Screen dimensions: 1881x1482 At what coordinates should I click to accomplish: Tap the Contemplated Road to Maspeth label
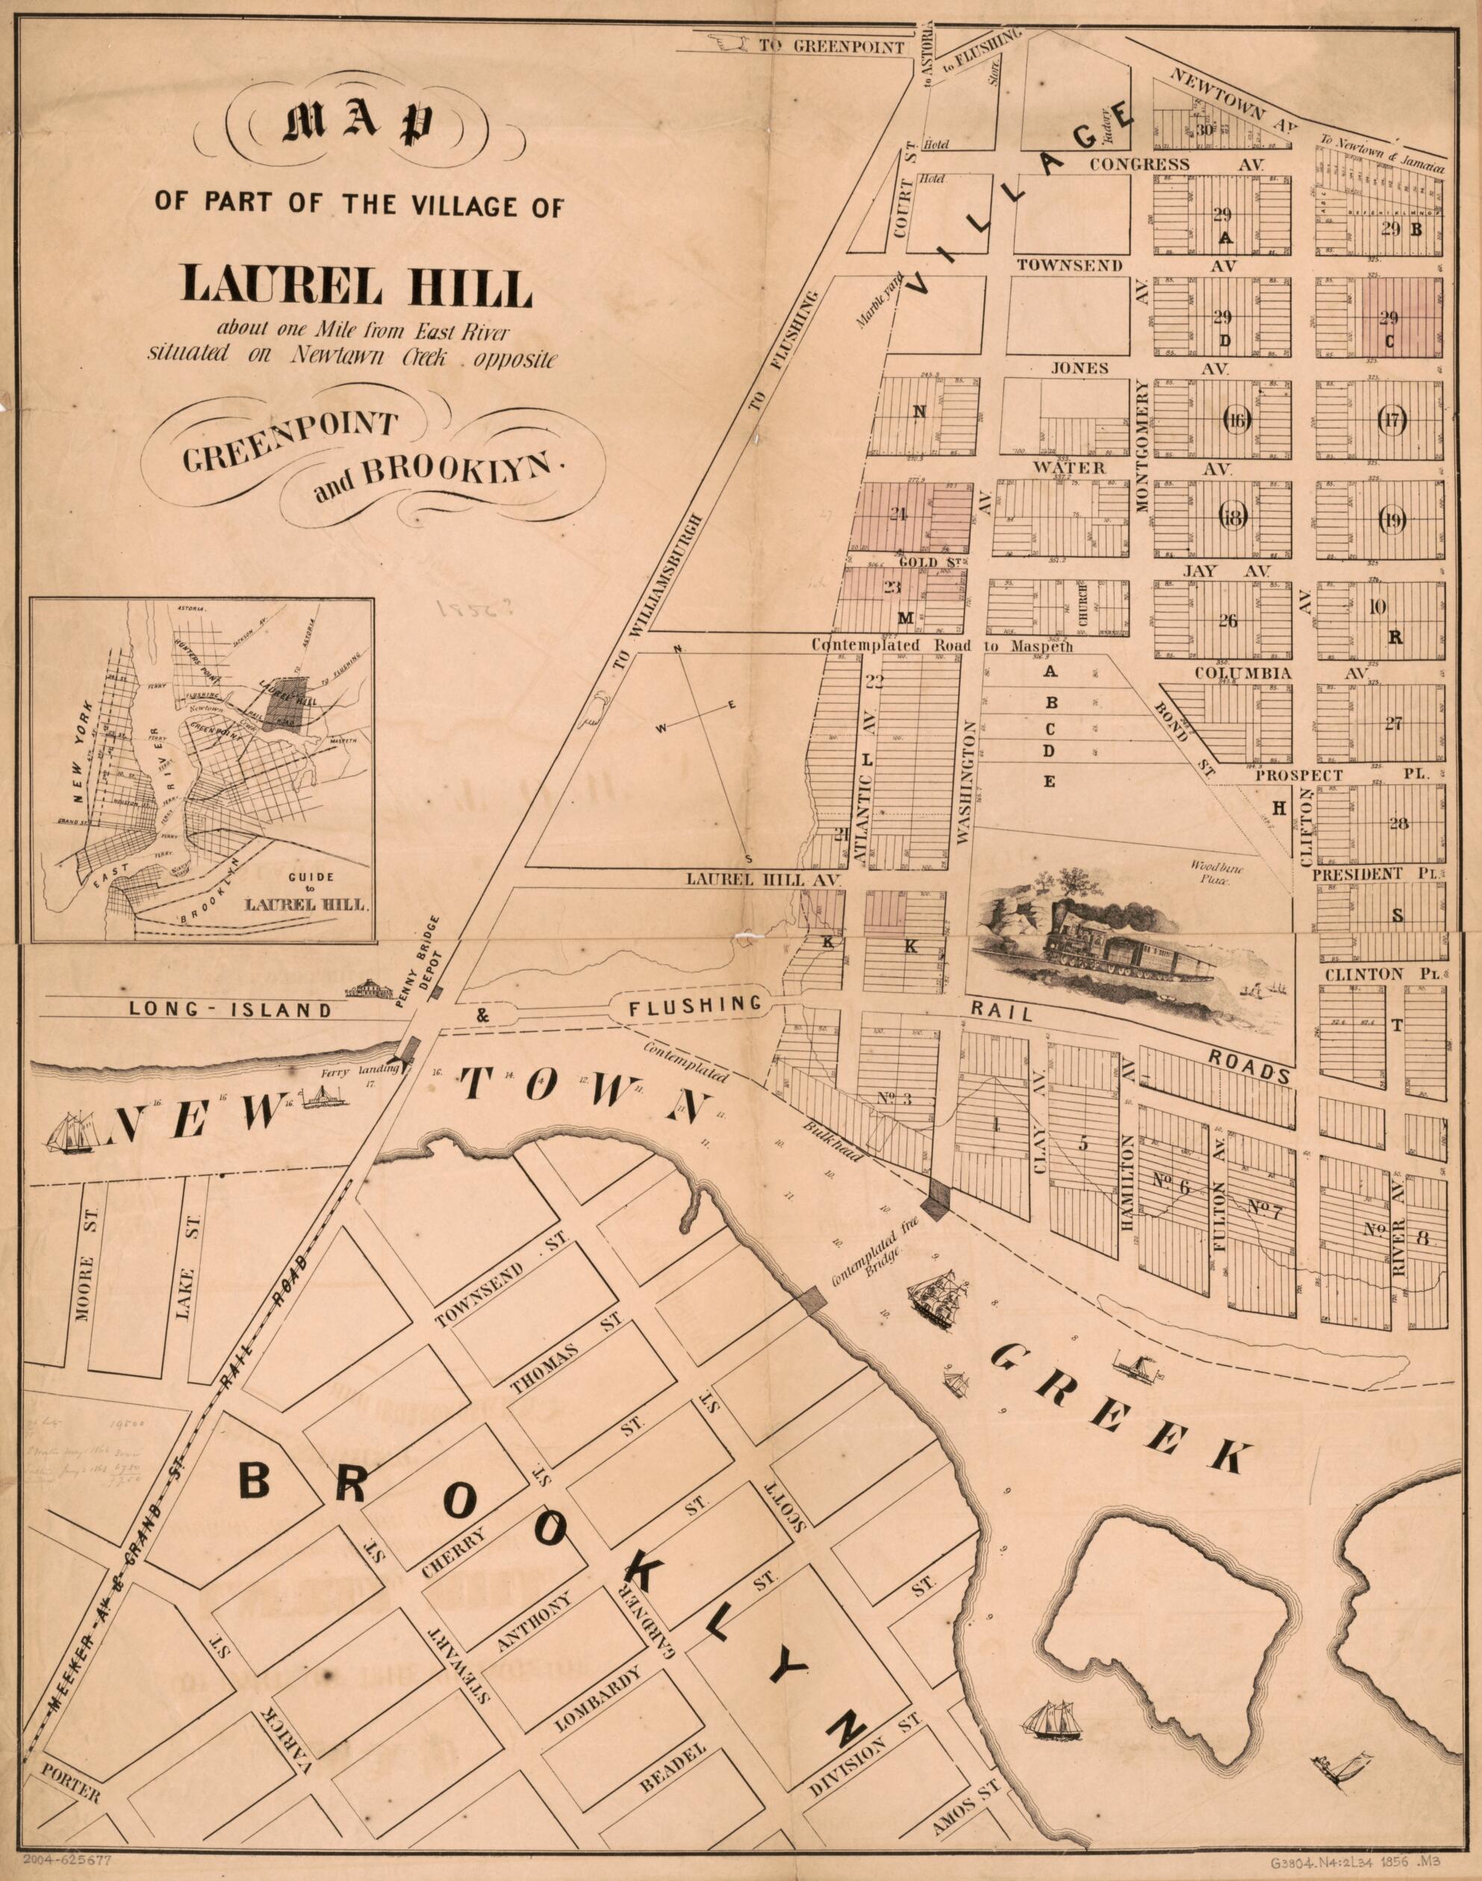(942, 646)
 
